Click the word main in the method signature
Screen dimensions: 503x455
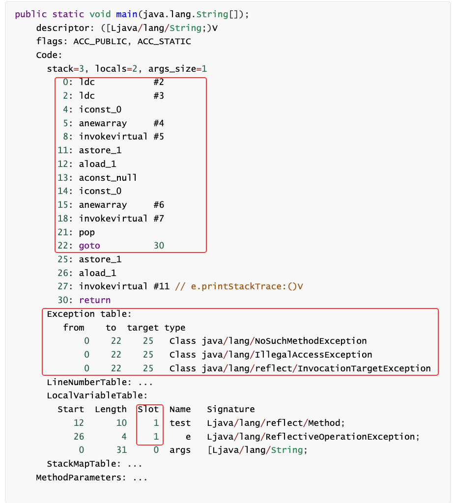[127, 14]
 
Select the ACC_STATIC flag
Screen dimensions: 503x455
[164, 41]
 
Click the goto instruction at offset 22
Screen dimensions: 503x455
[89, 245]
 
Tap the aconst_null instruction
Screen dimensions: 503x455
[108, 177]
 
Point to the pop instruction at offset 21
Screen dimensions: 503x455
[86, 232]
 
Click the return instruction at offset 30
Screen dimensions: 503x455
[94, 300]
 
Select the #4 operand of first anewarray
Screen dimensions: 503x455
[158, 123]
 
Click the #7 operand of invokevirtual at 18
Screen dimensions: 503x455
[158, 218]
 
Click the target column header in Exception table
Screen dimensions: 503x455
[142, 328]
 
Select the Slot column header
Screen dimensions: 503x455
[148, 409]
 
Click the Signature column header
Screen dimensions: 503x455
[230, 409]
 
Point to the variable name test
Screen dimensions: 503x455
[180, 423]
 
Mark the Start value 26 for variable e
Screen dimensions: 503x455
[78, 437]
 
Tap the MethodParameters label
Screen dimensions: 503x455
[81, 477]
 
